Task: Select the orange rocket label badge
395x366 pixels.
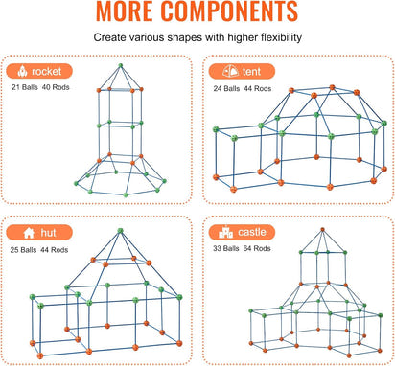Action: click(39, 71)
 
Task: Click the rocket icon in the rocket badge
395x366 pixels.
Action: click(20, 71)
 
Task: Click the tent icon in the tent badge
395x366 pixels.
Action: click(228, 71)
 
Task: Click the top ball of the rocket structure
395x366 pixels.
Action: click(121, 66)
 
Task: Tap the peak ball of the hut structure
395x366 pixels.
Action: click(120, 231)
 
